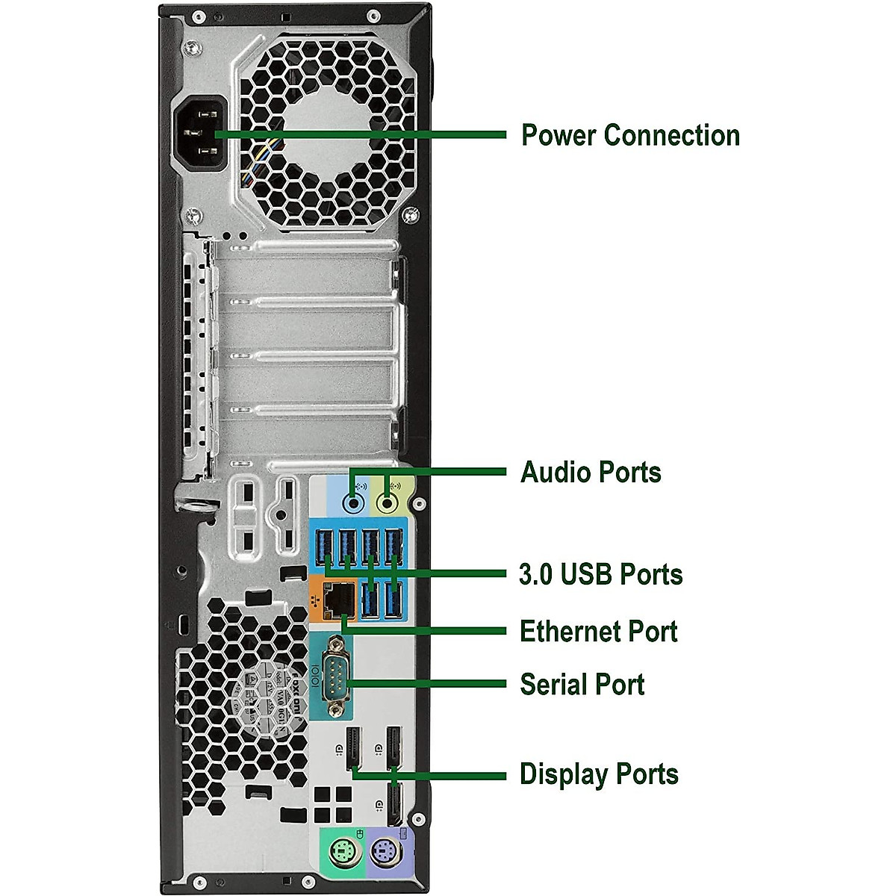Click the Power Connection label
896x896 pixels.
(629, 135)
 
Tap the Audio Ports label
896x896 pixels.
(591, 472)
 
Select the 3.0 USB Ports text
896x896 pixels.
(600, 574)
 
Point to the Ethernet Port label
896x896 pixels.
(598, 631)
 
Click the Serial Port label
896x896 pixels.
(582, 684)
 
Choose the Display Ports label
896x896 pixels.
(599, 774)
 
